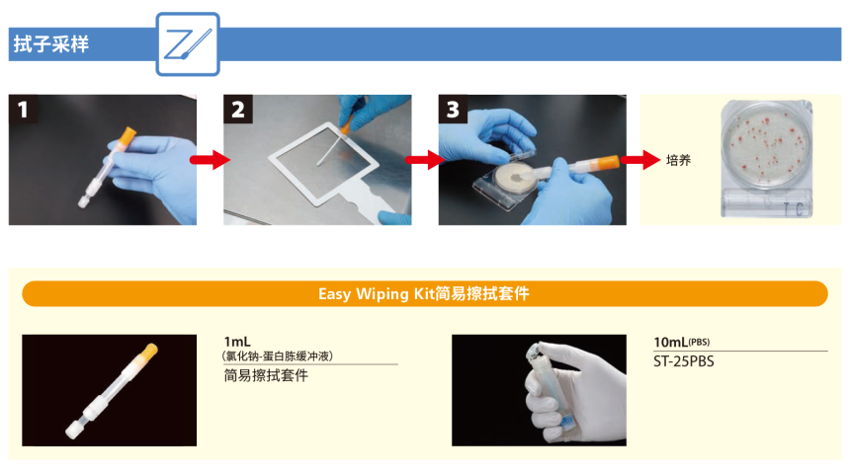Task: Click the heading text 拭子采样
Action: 49,44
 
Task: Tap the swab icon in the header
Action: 188,44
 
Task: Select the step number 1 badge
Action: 23,110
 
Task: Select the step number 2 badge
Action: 237,110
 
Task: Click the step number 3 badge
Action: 453,110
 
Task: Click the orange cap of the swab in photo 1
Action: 125,135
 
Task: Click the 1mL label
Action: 237,342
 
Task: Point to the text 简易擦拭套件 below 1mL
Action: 266,375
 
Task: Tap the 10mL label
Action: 671,342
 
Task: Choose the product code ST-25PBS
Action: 683,360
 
